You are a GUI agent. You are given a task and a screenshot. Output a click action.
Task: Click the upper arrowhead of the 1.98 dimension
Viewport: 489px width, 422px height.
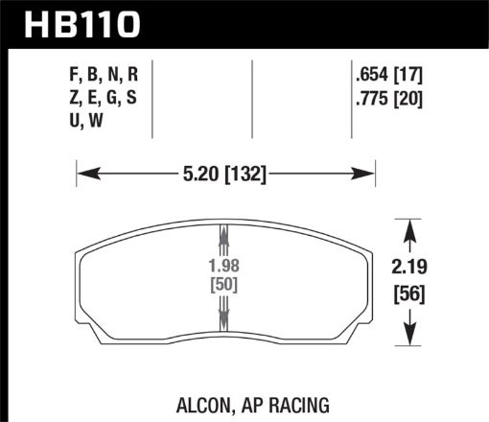tap(224, 234)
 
